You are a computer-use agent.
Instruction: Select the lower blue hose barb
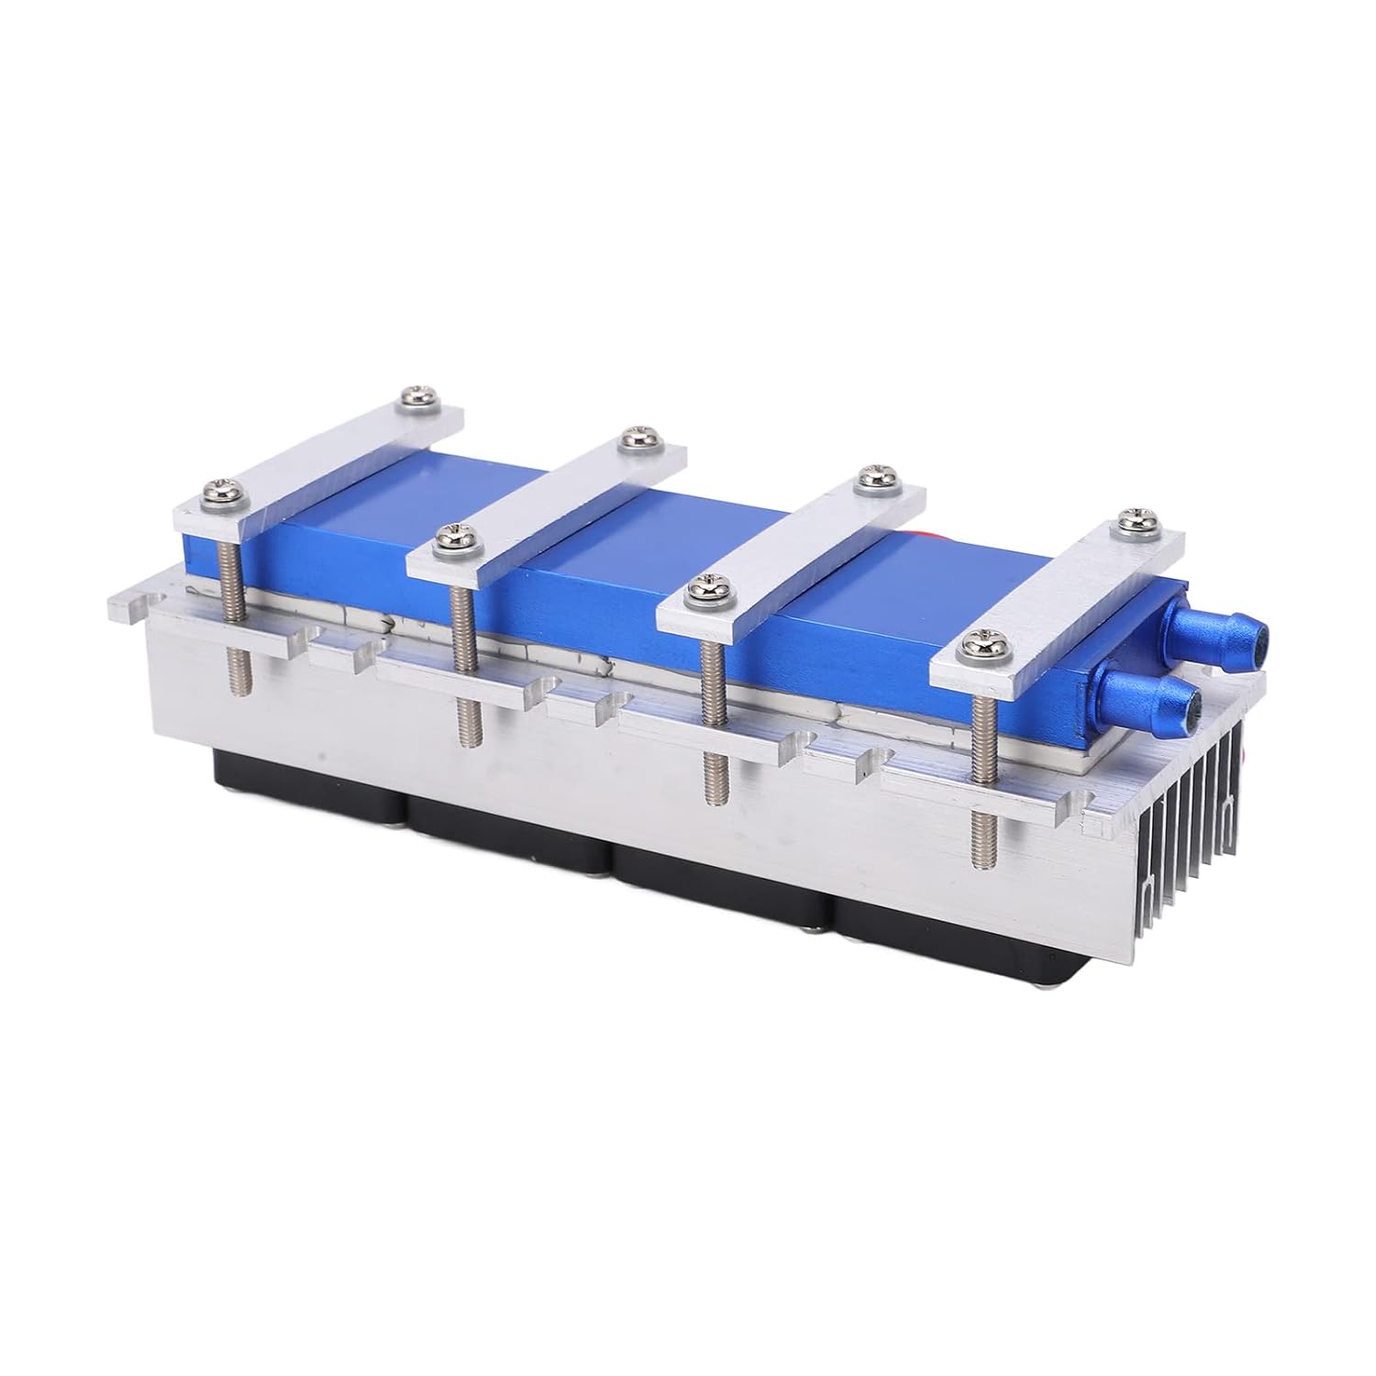(x=1165, y=702)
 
